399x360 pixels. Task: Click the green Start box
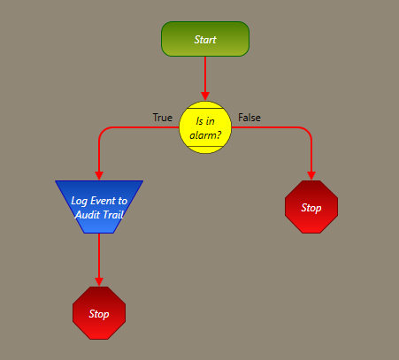(205, 39)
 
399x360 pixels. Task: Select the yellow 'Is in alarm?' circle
(205, 127)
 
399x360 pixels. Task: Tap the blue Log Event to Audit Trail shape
(99, 207)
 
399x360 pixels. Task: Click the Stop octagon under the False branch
(311, 207)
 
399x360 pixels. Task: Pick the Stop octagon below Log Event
(99, 313)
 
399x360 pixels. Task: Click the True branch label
(163, 118)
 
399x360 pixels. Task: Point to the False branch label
(249, 118)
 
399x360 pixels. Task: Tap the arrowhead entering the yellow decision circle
(205, 96)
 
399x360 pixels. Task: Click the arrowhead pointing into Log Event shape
(99, 176)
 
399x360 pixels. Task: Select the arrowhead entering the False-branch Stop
(311, 176)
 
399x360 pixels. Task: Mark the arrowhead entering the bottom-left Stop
(99, 282)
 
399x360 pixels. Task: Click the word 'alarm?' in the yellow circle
(205, 135)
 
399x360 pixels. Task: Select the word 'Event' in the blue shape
(103, 201)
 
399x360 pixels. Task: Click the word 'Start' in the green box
(205, 40)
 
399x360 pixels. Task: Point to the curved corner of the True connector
(103, 131)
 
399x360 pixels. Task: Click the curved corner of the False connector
(308, 131)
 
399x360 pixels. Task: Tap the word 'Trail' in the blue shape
(112, 215)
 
